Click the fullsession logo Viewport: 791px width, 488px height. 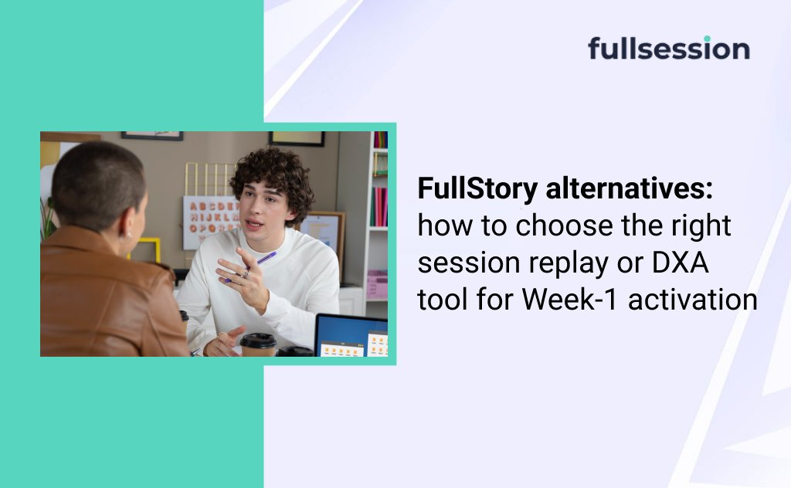click(669, 49)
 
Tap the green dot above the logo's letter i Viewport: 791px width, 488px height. click(707, 39)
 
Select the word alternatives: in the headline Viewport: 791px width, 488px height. click(629, 188)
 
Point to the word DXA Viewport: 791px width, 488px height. click(681, 263)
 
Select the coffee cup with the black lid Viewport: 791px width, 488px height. click(258, 344)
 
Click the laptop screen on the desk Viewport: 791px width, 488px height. click(351, 335)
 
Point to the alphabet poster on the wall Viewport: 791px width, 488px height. click(211, 222)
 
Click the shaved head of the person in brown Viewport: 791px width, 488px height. click(98, 184)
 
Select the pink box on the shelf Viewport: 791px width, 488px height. click(377, 284)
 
